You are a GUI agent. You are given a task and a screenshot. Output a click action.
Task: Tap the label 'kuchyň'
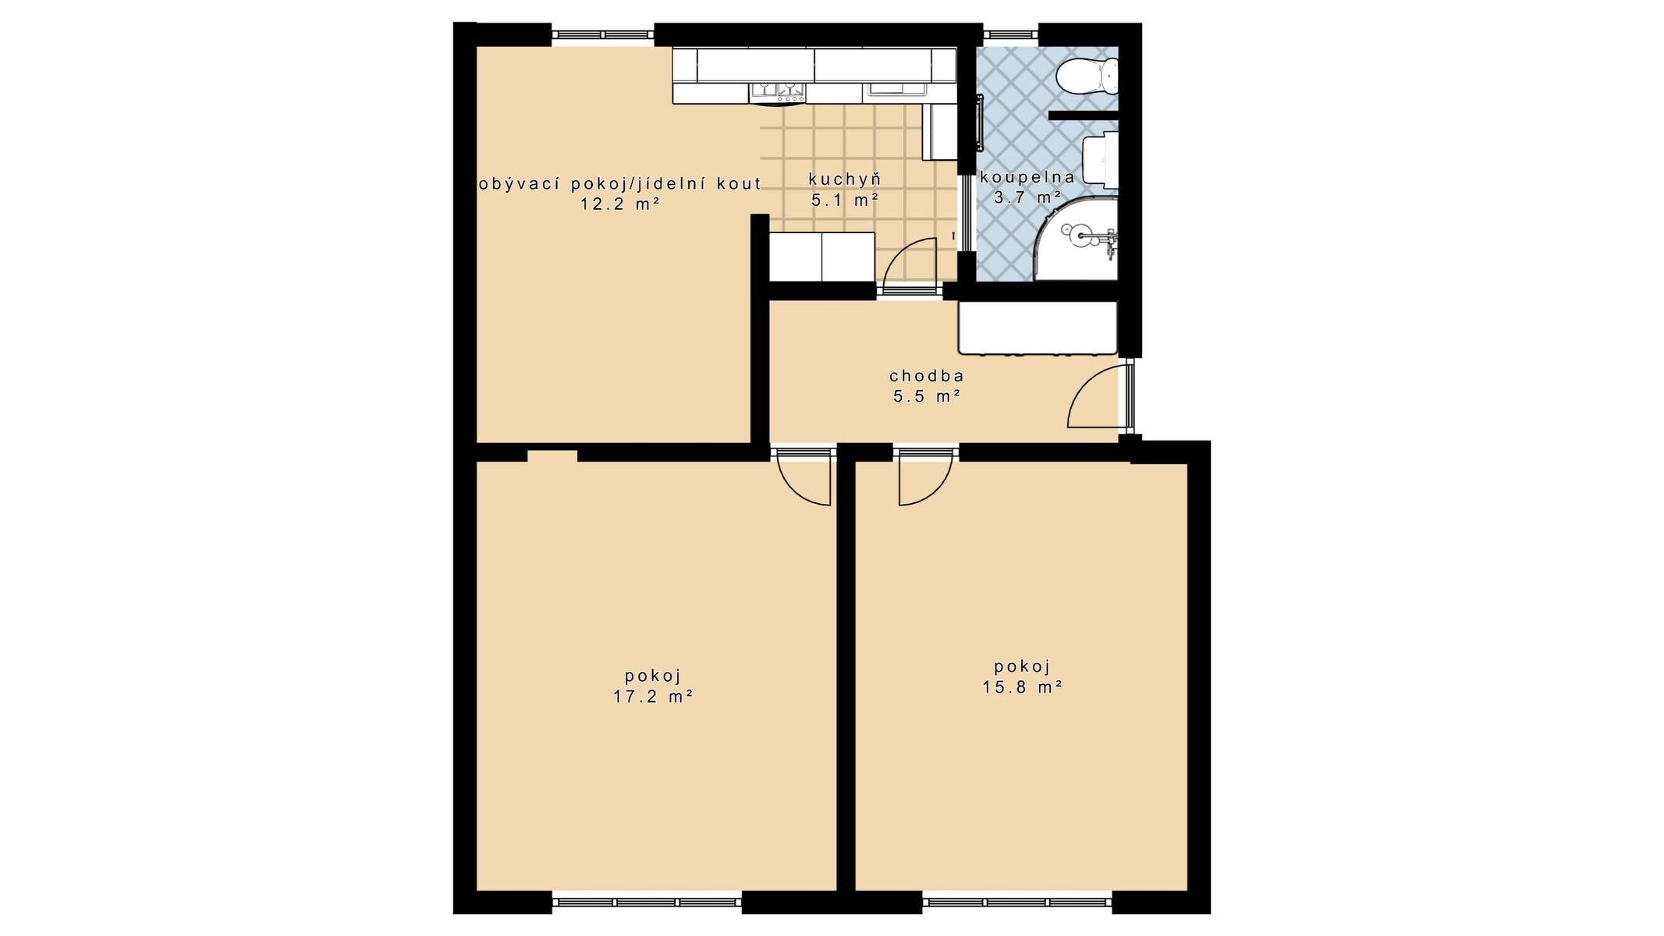pos(845,179)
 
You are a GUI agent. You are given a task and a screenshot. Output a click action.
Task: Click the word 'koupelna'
pos(1027,177)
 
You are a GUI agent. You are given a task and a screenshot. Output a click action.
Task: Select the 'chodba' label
pos(927,376)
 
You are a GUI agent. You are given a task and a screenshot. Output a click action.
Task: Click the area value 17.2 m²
pos(654,697)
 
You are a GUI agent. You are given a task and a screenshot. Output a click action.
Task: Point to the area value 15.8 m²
pos(1023,687)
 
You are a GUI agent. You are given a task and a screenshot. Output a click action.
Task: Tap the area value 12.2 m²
pos(620,204)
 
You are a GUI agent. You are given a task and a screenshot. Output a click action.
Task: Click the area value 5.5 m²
pos(927,396)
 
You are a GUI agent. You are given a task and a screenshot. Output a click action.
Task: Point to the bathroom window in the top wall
pos(1010,34)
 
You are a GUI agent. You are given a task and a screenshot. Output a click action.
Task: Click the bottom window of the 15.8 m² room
pos(1017,902)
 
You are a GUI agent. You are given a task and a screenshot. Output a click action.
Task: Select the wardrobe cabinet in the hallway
pos(1038,328)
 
